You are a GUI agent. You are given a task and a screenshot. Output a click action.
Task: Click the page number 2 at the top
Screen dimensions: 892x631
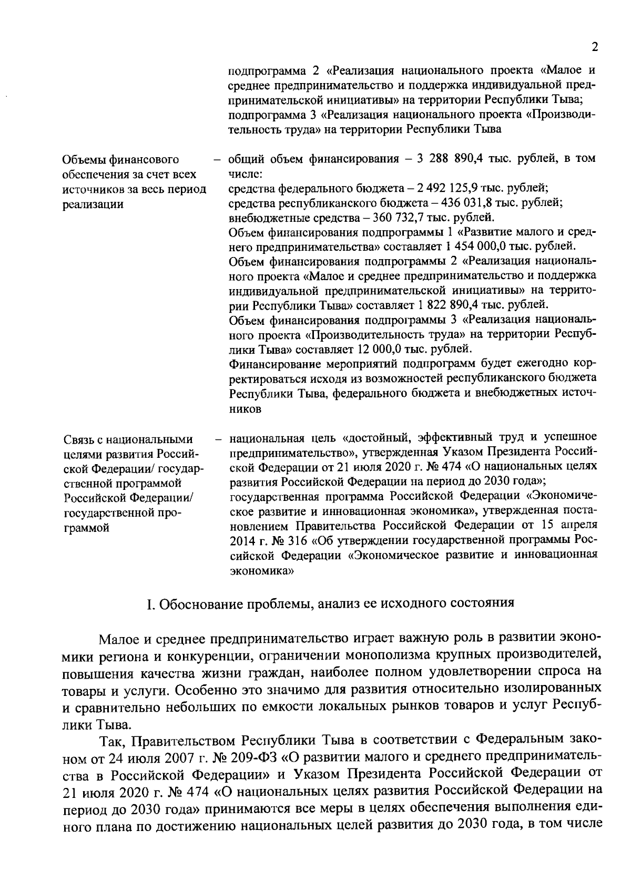(595, 47)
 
